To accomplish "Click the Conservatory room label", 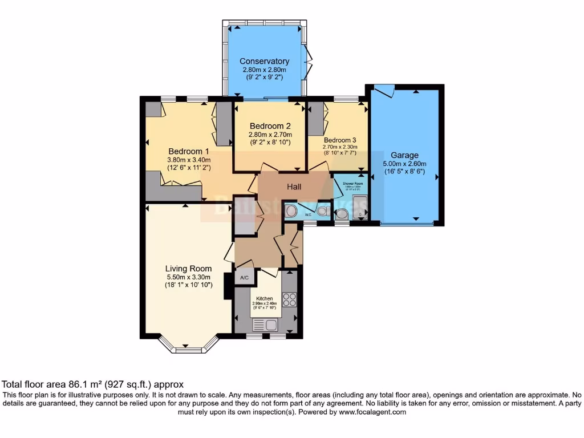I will pos(264,61).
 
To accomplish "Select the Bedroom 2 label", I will pos(270,126).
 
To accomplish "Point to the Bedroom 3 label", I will pos(340,140).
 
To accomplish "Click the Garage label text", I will pos(404,155).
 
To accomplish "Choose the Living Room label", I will pos(188,269).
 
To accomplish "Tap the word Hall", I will pos(294,186).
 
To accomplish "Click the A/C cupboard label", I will pos(245,278).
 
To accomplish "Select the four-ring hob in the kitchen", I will pos(289,299).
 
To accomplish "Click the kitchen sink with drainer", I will pos(265,325).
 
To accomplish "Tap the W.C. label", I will pos(308,215).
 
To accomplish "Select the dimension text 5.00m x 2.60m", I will pos(404,163).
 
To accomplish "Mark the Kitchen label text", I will pos(264,298).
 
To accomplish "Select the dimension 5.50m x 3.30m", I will pos(188,277).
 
